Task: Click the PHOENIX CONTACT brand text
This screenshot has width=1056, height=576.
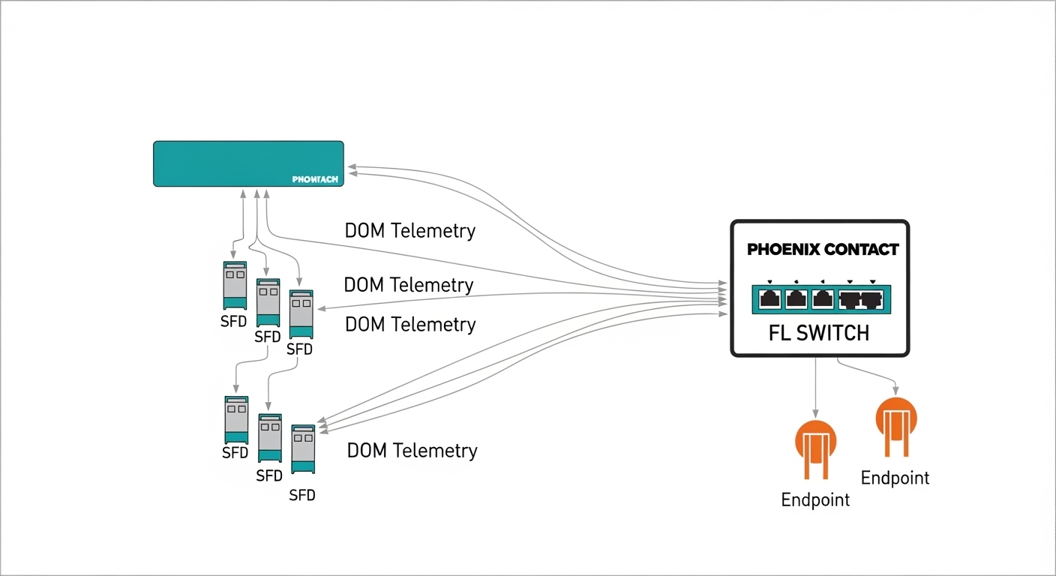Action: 823,250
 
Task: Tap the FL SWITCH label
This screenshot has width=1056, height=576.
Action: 819,333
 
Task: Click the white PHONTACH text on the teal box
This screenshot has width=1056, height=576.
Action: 315,179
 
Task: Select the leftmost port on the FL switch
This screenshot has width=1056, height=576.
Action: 770,299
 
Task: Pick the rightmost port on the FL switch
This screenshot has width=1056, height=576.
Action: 871,300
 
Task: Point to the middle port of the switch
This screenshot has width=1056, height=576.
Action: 822,299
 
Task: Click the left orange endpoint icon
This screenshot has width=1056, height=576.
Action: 814,448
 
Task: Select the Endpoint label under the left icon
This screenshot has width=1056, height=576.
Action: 815,500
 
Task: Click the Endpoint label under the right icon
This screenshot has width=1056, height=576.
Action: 895,478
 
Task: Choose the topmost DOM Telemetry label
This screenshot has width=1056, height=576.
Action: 409,231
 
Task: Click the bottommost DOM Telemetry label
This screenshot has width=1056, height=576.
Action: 412,451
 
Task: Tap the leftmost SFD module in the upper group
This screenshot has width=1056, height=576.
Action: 235,285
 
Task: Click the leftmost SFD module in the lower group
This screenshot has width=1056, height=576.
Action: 236,419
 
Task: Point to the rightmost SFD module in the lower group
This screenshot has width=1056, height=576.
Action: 303,448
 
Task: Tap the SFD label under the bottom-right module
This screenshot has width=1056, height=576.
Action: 302,495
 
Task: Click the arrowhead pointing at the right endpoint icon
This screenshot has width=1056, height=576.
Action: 896,390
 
